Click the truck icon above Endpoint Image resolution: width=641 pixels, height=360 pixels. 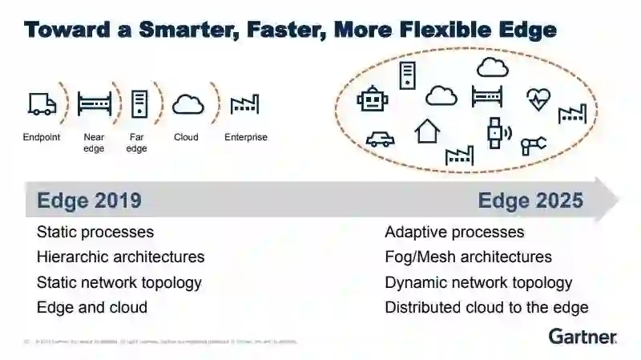point(42,104)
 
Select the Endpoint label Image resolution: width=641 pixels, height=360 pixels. point(42,137)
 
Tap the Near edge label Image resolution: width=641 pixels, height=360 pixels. point(95,143)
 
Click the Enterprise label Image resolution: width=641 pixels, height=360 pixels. point(246,137)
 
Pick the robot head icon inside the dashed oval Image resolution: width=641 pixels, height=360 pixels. point(372,99)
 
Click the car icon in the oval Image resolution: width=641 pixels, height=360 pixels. point(380,139)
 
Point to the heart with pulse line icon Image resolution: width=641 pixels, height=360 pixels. point(538,99)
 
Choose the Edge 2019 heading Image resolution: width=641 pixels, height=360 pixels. point(89,200)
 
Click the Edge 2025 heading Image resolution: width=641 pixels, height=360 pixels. point(530,200)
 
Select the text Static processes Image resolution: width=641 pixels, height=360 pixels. point(95,233)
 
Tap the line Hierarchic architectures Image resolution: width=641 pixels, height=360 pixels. point(120,257)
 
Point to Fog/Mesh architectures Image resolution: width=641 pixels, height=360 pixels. point(468,257)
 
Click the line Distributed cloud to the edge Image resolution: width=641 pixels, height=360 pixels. point(486,307)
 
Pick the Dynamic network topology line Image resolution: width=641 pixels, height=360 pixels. point(478,282)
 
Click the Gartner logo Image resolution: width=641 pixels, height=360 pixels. point(583,336)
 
